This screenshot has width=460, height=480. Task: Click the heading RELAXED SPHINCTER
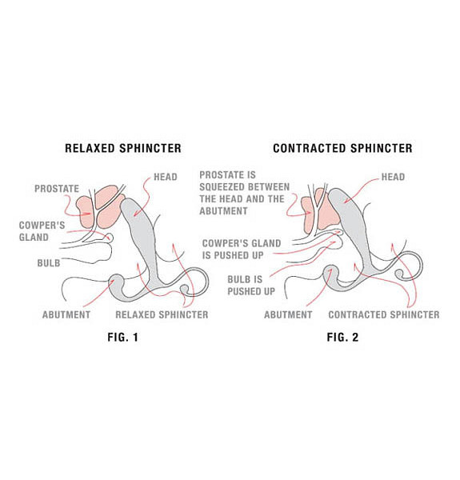[123, 149]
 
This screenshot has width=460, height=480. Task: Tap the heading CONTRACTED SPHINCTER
[342, 149]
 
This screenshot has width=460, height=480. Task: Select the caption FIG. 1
[122, 338]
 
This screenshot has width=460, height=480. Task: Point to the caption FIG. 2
[342, 338]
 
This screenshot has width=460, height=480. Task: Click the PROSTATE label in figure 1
[57, 189]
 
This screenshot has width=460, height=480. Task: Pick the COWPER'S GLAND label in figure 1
[42, 231]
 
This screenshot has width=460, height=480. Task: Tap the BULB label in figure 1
[49, 263]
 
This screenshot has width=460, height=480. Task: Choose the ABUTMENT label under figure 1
[66, 314]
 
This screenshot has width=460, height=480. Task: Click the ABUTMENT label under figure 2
[288, 314]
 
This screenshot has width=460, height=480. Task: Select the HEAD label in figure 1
[166, 177]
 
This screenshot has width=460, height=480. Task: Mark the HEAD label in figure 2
[393, 177]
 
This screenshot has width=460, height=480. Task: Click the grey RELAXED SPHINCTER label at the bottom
[162, 314]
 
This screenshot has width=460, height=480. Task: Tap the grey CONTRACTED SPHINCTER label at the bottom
[384, 314]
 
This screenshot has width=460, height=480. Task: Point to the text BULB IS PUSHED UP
[251, 286]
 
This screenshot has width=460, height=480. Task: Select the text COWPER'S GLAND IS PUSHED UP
[242, 249]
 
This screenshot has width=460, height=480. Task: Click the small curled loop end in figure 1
[185, 289]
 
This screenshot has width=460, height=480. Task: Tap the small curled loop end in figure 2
[399, 274]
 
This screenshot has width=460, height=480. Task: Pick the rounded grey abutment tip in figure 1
[116, 281]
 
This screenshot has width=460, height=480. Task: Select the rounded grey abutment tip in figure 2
[330, 272]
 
